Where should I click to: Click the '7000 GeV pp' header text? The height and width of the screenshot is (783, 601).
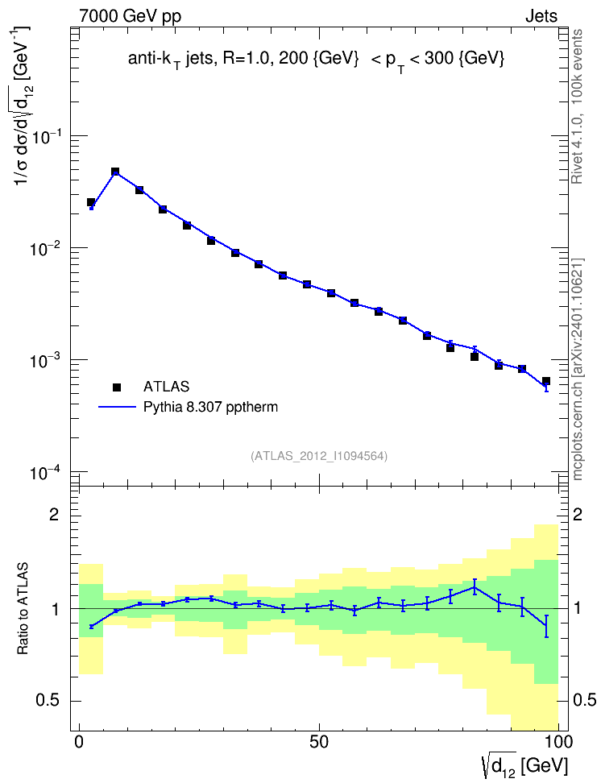click(x=130, y=16)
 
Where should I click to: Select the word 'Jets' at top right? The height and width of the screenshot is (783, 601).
click(x=541, y=16)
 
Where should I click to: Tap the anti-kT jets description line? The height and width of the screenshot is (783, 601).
click(x=317, y=60)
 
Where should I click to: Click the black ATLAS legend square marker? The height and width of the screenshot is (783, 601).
click(x=117, y=387)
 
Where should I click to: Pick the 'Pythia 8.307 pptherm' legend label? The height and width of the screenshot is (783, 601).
click(x=210, y=407)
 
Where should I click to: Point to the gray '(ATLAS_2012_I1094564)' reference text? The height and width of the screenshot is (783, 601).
click(x=319, y=456)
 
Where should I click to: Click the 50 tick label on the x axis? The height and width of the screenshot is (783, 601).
click(x=319, y=742)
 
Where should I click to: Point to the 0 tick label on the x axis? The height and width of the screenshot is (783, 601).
click(x=79, y=742)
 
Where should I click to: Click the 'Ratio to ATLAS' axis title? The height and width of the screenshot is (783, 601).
click(x=23, y=608)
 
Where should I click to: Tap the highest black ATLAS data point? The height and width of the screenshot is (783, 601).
click(x=115, y=172)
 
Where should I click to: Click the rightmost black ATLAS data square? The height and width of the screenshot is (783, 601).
click(x=546, y=381)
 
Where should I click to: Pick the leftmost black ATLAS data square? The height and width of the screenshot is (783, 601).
click(x=91, y=202)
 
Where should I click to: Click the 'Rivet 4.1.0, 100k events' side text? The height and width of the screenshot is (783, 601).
click(x=577, y=106)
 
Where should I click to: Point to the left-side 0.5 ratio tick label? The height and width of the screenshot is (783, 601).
click(x=48, y=701)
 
